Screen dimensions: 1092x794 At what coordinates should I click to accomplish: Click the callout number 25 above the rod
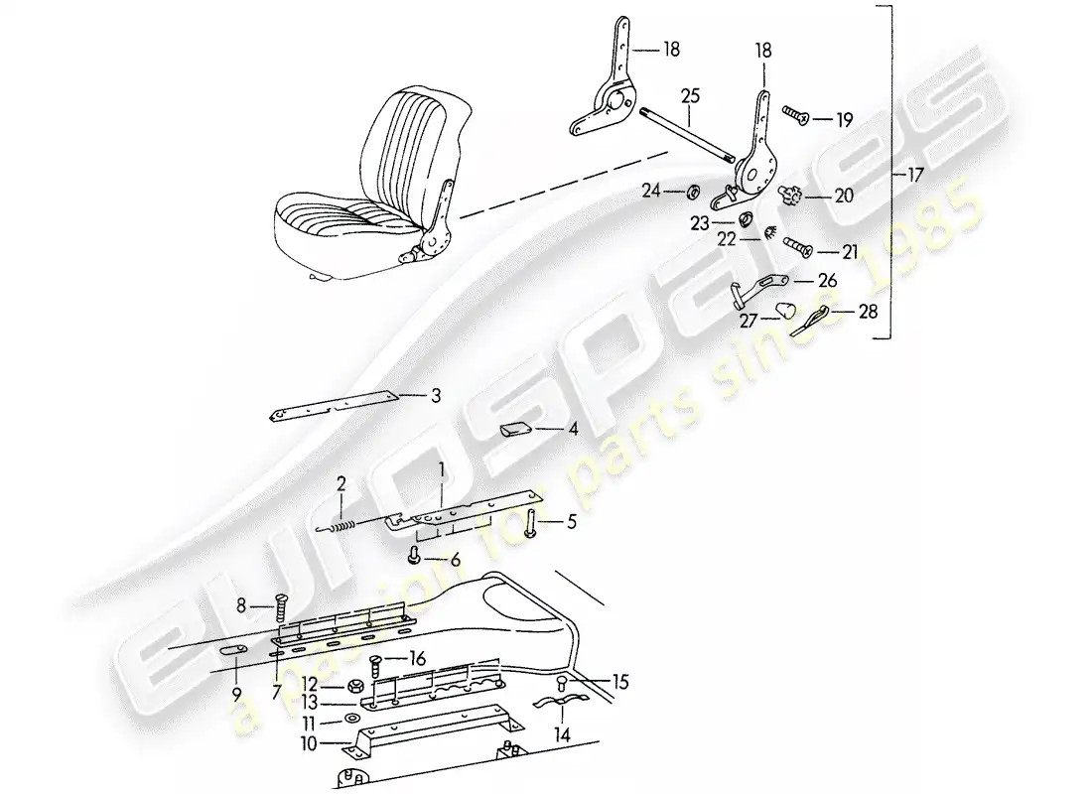[690, 96]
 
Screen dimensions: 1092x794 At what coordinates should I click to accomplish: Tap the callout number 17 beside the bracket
[915, 174]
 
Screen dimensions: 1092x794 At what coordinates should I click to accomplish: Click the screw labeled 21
[799, 246]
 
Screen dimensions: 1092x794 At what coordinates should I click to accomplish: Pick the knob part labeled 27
[785, 310]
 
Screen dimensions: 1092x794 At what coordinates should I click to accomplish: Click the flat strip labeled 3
[333, 406]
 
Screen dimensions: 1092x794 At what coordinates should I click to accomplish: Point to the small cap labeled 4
[514, 430]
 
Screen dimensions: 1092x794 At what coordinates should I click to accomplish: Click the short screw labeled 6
[415, 555]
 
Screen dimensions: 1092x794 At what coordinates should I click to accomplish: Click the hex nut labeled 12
[351, 686]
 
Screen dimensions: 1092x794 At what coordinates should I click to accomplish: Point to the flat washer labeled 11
[351, 719]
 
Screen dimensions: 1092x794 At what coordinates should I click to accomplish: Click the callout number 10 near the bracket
[309, 743]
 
